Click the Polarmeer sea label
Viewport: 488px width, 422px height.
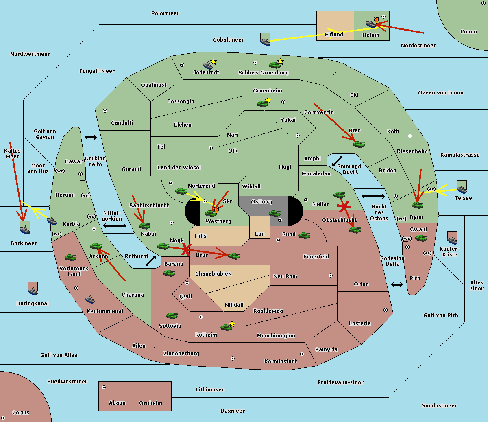coord(165,13)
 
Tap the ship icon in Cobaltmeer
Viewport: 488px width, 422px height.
coord(265,40)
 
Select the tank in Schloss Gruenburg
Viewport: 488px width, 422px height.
coord(274,64)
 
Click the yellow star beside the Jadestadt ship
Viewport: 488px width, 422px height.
coord(213,61)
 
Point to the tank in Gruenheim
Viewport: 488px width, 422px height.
coord(263,103)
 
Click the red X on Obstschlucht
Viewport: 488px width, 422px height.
coord(344,206)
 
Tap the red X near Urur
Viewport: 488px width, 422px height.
coord(186,249)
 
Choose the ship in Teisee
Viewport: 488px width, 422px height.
coord(462,188)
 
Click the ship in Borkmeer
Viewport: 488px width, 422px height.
coord(25,228)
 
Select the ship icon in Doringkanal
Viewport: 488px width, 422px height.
coord(33,289)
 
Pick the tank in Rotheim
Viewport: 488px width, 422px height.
coord(226,327)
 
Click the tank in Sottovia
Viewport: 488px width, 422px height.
coord(172,315)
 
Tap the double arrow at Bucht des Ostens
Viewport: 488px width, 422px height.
coord(373,197)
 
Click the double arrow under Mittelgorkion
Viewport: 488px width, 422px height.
coord(114,225)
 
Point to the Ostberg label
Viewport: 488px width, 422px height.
coord(261,202)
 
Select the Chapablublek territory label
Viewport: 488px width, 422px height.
coord(213,274)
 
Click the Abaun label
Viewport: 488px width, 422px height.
coord(117,403)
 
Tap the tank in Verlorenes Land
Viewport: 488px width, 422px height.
coord(71,257)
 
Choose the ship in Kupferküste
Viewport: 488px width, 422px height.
coord(452,238)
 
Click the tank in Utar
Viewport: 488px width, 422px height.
coord(359,144)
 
